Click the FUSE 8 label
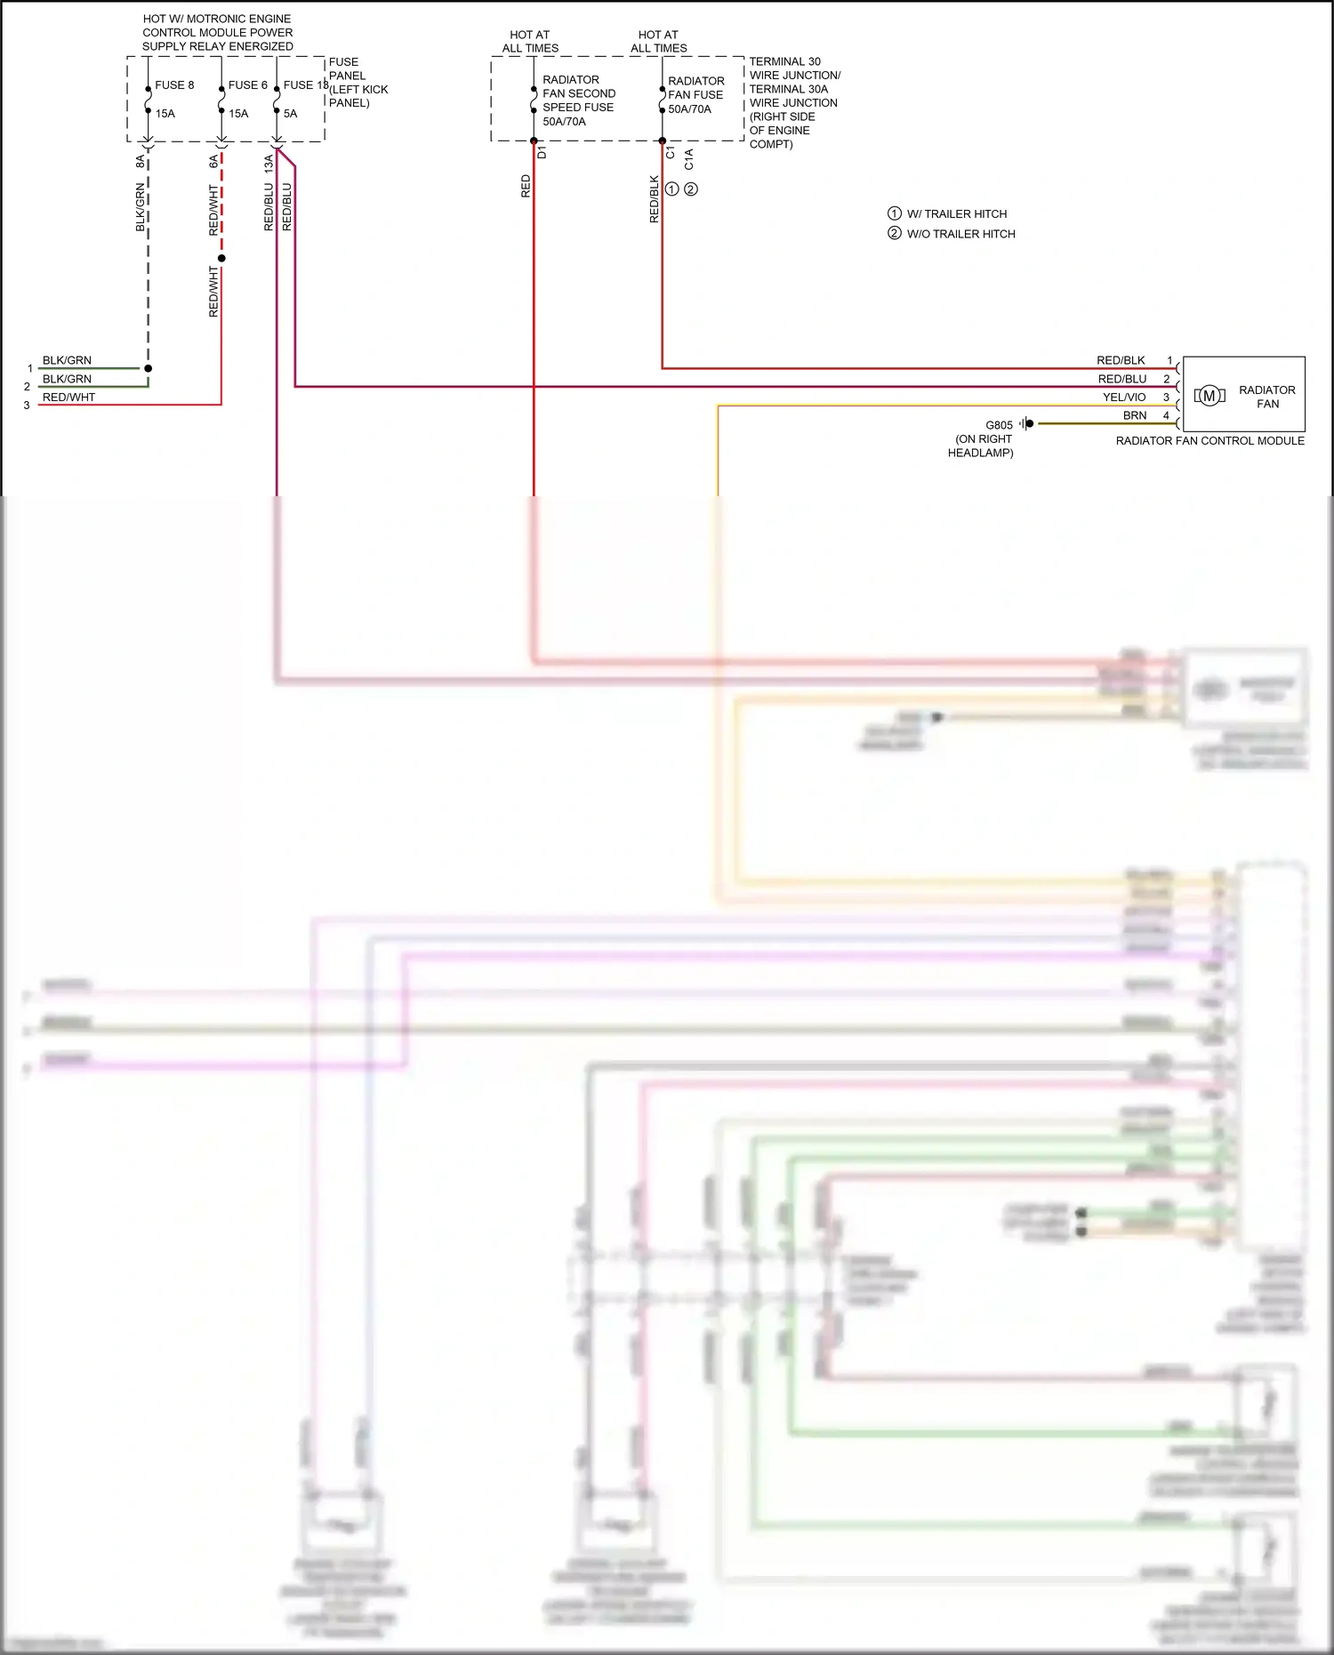174,85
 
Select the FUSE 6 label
247,85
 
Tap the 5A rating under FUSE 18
291,114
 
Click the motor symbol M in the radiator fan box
1209,397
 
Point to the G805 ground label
999,425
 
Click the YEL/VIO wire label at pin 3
1124,398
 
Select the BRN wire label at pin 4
1135,415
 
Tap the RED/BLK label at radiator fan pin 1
1121,360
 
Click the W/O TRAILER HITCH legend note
960,234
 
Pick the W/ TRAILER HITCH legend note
956,214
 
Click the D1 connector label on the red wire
542,153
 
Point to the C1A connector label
689,159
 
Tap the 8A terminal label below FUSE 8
141,162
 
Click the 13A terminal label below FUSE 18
269,164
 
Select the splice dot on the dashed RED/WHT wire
221,258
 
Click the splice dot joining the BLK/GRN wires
149,368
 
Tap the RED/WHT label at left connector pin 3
68,398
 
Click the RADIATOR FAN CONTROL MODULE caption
1209,441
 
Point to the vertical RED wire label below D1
526,186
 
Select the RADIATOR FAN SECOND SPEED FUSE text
578,100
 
